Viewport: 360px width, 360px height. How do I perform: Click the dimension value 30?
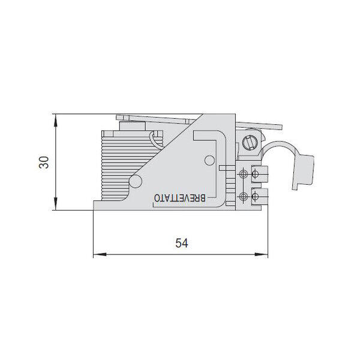44,163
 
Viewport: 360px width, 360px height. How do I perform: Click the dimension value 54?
182,244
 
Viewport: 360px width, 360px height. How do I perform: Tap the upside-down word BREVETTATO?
179,198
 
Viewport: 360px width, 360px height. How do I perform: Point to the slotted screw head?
251,143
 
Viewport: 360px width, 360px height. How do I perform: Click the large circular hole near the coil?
136,181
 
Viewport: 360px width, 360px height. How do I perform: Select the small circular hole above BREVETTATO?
209,160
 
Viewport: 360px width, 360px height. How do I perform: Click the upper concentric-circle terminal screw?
243,175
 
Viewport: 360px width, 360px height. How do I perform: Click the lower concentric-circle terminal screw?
243,196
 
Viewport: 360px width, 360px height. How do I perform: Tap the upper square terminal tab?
260,174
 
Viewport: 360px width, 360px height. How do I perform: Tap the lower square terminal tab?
260,196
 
